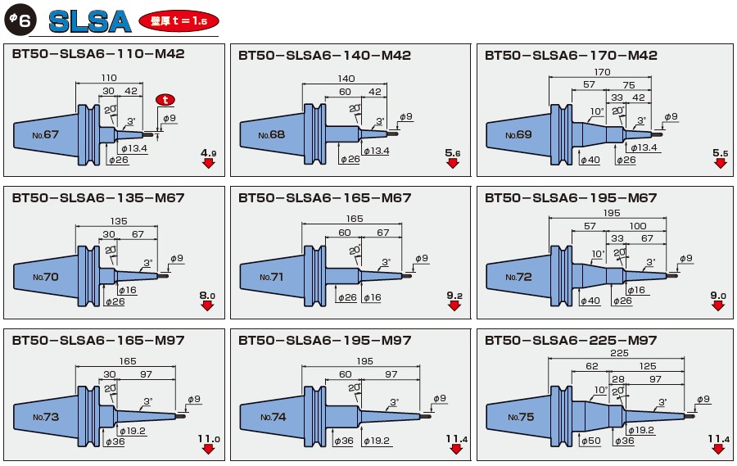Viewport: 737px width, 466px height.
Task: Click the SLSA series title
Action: (89, 20)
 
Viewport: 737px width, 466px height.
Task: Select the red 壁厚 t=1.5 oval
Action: (179, 21)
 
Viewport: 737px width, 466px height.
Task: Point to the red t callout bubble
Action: (166, 100)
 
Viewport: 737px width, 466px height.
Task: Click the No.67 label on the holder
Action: (47, 133)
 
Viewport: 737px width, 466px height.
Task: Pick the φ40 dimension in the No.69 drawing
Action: (589, 160)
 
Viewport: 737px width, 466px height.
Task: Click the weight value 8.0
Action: (206, 295)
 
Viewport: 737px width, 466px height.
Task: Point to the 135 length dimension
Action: (119, 220)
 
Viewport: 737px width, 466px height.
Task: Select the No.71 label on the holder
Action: (271, 277)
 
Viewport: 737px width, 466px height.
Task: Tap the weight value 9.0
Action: (719, 295)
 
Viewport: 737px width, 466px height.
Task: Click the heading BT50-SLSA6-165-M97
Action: (98, 341)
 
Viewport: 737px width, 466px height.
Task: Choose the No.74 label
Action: (274, 417)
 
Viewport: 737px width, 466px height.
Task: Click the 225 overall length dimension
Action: (620, 353)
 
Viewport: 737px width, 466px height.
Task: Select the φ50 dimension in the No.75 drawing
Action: (590, 441)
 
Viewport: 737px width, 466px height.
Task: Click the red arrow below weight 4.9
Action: (208, 163)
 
